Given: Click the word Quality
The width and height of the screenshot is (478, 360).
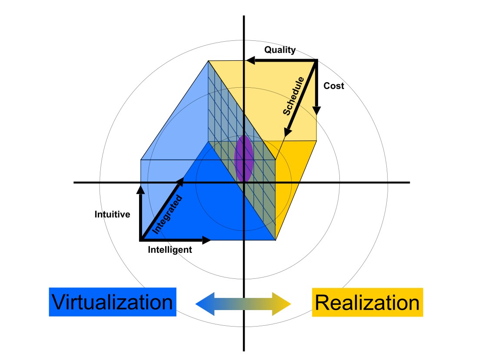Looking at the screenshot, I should point(280,50).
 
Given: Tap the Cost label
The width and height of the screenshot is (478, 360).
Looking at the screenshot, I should point(334,86).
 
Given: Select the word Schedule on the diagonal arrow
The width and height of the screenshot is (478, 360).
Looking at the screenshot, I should point(294,96).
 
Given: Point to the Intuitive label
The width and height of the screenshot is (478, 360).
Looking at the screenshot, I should point(112,214).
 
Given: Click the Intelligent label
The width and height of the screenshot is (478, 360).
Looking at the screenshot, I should point(170,250).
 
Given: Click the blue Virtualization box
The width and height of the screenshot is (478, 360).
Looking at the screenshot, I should point(112,302).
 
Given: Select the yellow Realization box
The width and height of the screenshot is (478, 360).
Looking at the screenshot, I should point(367,302).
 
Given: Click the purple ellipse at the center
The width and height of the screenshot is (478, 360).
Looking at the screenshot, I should point(244,158).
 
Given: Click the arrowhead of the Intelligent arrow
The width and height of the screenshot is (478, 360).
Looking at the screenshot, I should point(208,240).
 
